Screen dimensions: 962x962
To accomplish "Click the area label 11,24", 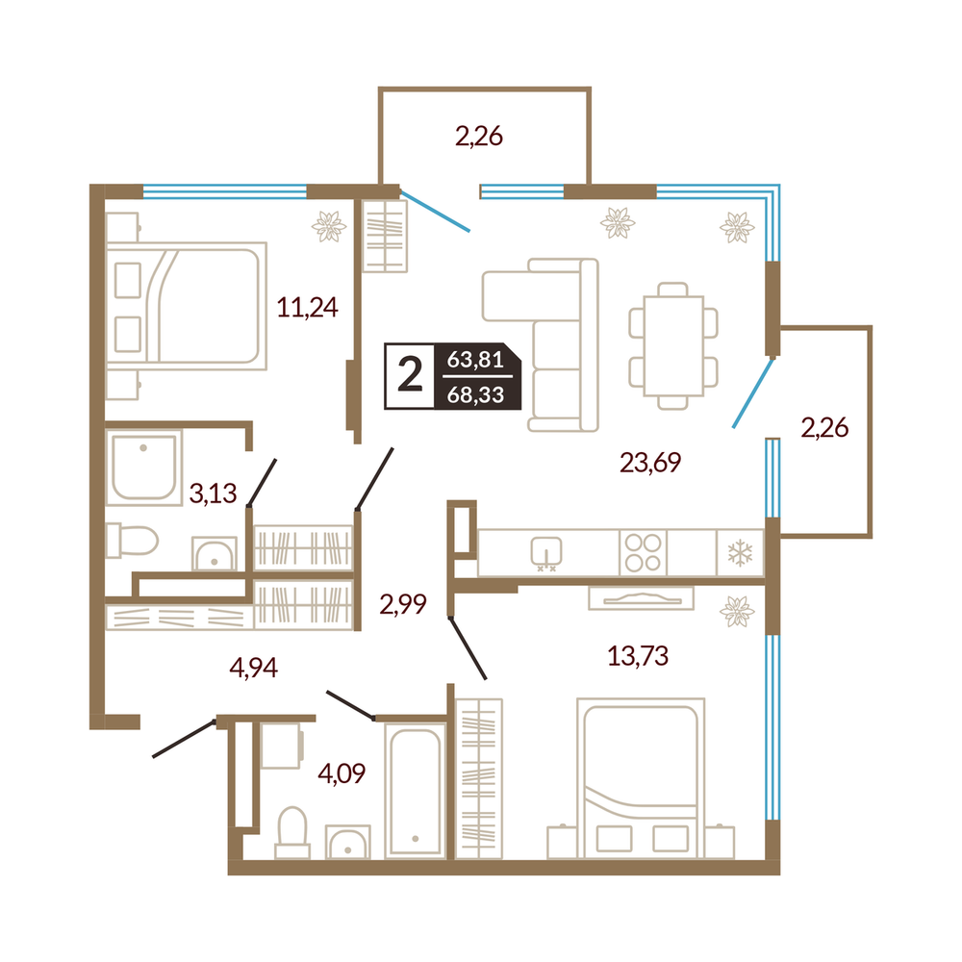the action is (307, 307).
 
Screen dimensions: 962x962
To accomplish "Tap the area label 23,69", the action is (650, 463).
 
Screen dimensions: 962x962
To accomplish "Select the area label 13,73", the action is (638, 656).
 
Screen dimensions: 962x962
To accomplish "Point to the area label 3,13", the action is (213, 494).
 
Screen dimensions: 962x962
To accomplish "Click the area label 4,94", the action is (253, 667).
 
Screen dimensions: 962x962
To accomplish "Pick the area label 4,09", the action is (342, 773).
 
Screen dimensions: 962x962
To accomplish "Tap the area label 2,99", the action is (403, 604).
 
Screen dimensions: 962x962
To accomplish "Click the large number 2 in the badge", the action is (410, 375).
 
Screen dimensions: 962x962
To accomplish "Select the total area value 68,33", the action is (475, 395).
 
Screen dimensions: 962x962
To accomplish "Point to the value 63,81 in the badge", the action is (475, 359).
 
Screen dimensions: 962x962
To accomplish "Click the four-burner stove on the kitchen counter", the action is (643, 553).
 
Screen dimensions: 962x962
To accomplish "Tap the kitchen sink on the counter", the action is (546, 551).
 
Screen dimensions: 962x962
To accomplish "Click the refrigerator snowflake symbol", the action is (740, 553).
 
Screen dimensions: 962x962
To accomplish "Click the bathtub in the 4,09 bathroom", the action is (415, 792).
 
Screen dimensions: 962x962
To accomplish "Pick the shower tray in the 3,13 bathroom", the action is (143, 468).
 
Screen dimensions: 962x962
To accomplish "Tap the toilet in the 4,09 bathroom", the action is (292, 832).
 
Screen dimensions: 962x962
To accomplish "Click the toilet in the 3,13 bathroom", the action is (132, 541).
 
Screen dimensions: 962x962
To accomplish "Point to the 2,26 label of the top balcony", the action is (479, 137).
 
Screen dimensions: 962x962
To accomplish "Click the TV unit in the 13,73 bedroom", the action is (641, 598).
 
